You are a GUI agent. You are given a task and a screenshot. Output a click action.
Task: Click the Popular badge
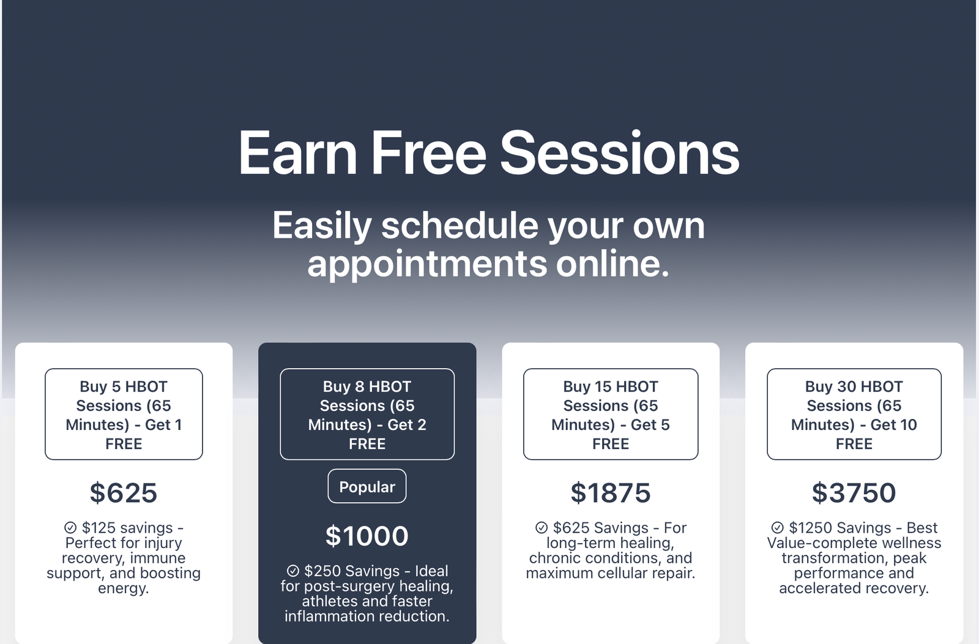coord(367,486)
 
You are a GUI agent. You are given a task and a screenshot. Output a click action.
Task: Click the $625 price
coord(123,493)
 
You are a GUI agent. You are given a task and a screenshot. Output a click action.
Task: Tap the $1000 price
coord(367,536)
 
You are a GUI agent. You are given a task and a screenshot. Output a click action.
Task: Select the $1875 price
coord(611,493)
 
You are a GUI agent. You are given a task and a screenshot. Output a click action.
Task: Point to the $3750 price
coord(854,493)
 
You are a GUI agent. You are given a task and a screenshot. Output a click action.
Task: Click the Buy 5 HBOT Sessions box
coord(124,414)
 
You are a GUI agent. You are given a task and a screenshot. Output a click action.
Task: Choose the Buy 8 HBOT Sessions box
coord(367,414)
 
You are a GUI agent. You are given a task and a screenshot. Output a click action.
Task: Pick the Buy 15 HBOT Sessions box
coord(611,414)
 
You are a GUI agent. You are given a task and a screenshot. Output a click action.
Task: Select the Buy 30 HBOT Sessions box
coord(854,414)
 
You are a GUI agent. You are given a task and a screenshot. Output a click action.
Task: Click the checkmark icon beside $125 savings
coord(70,528)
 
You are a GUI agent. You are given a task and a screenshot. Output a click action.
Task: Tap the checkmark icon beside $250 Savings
coord(293,571)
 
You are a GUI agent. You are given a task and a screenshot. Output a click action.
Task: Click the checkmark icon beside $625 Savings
coord(542,528)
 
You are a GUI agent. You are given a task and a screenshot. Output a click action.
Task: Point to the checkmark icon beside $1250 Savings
coord(778,528)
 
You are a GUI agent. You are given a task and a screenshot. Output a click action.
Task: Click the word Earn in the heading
coord(297,153)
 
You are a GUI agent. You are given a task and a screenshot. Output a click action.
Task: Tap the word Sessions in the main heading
coord(620,153)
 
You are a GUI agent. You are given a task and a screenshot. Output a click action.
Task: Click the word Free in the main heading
coord(429,153)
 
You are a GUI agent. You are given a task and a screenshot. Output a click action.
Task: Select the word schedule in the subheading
coord(460,226)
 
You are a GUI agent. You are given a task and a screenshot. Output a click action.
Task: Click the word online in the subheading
coord(612,264)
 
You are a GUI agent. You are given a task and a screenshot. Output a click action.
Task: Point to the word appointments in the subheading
coord(427,265)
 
